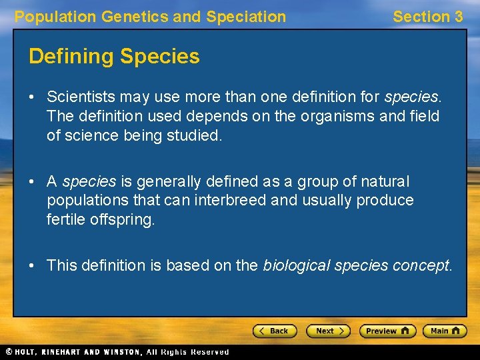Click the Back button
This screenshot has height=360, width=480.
click(x=274, y=331)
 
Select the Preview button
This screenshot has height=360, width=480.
click(x=387, y=331)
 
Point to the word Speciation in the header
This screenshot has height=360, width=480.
click(x=246, y=17)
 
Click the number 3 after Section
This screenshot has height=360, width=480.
click(x=457, y=17)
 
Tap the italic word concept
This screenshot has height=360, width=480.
click(x=421, y=265)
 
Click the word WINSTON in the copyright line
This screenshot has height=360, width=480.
click(x=122, y=352)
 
